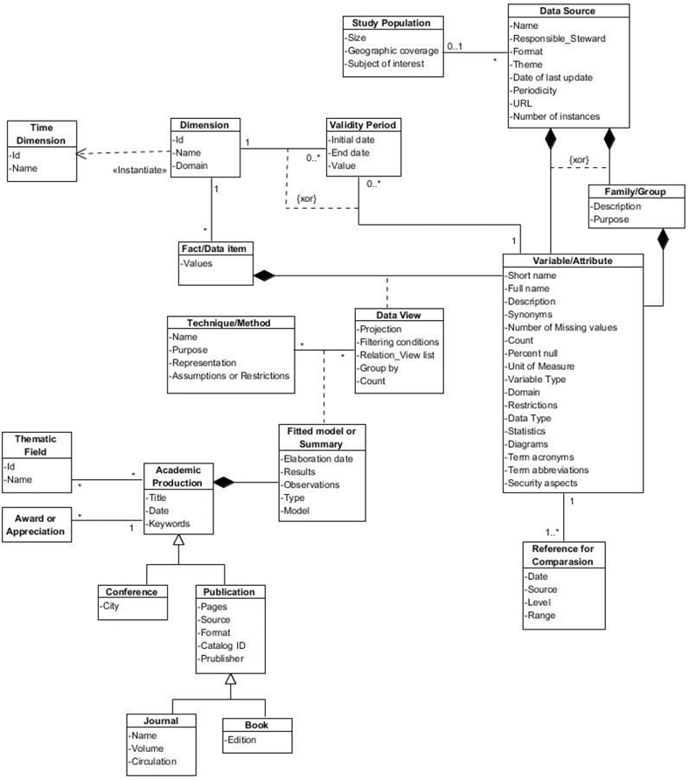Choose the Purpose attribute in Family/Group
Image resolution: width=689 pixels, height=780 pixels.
[x=611, y=219]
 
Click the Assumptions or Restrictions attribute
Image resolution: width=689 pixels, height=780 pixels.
[x=231, y=376]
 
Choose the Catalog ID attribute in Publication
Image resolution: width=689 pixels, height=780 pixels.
[x=224, y=644]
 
